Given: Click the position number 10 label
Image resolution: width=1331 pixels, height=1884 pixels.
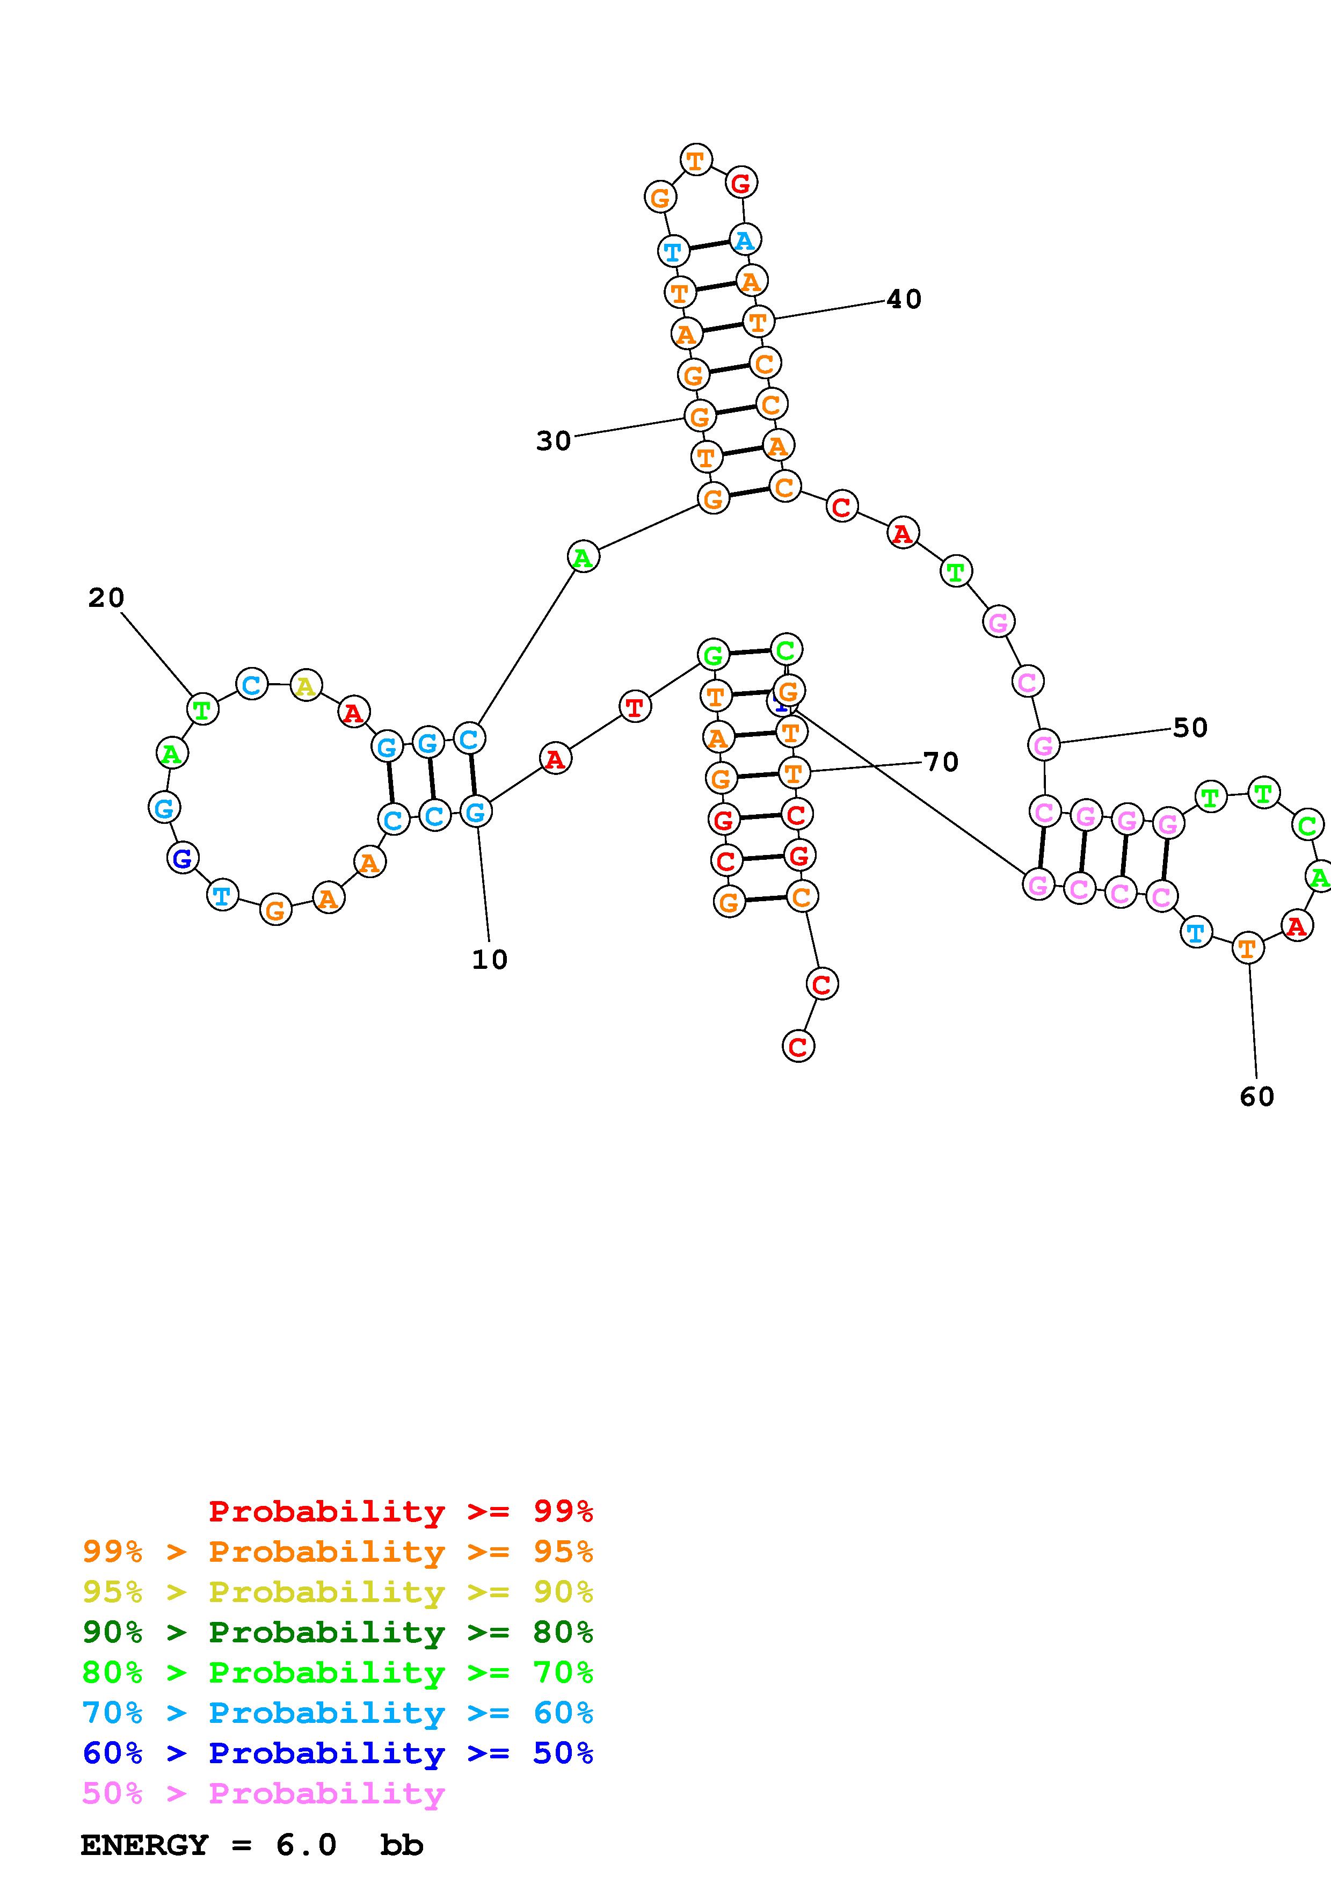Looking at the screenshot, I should coord(490,959).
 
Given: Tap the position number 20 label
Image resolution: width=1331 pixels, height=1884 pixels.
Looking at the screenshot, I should coord(106,598).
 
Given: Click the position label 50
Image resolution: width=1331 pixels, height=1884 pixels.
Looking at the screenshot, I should coord(1190,728).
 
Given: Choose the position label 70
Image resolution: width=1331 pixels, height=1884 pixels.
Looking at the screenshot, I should coord(941,762).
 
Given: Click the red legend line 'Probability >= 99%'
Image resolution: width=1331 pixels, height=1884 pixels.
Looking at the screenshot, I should coord(401,1511).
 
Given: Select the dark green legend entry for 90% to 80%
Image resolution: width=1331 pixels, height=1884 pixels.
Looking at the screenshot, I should coord(338,1632).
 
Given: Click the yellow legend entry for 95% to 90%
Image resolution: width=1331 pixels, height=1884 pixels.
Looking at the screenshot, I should coord(338,1592).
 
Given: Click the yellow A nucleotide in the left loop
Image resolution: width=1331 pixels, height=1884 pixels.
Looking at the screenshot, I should coord(306,685).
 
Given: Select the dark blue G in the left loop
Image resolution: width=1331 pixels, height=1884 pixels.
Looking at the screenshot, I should coord(182,858).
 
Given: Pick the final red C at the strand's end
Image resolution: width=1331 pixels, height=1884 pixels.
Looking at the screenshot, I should coord(798,1046).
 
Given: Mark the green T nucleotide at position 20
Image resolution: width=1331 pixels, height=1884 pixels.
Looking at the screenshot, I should coord(202,708).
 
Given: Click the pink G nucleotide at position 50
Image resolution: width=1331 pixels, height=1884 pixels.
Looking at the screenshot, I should coord(1043,745).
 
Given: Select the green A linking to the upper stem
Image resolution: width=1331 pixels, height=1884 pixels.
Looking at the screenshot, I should coord(583,557).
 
